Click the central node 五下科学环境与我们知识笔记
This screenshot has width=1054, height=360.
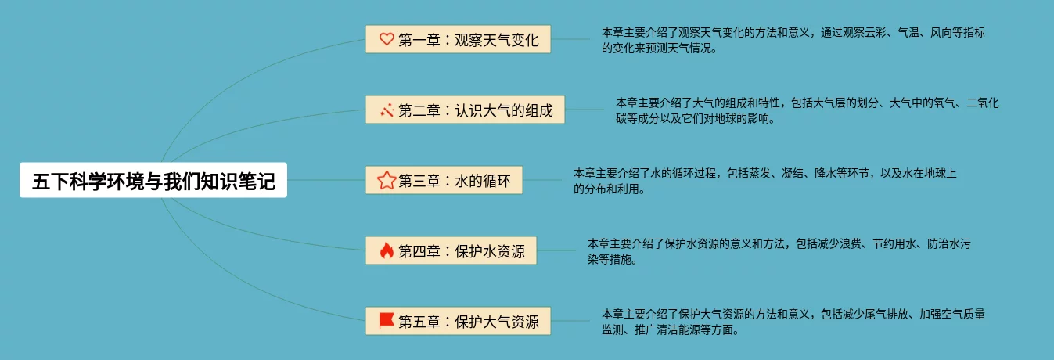click(x=153, y=181)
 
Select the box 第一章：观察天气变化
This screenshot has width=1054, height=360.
click(x=458, y=39)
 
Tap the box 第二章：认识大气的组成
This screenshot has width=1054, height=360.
click(x=465, y=110)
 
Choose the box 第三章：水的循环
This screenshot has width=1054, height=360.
click(x=443, y=181)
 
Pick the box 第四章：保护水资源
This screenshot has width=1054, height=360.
click(x=451, y=251)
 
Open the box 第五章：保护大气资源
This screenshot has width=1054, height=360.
click(x=458, y=321)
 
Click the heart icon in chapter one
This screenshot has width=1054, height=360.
click(x=386, y=39)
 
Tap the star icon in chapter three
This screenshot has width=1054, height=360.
click(x=386, y=181)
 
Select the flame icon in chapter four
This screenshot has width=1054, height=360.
click(x=386, y=251)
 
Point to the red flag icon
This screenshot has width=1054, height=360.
click(x=386, y=321)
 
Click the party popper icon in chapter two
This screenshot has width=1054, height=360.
click(x=386, y=110)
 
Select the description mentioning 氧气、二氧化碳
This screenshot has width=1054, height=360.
click(x=807, y=110)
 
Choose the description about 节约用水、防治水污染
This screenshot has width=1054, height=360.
click(x=779, y=251)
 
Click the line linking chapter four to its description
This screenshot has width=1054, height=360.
click(x=557, y=251)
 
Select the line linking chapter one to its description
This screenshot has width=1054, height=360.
click(x=571, y=39)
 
